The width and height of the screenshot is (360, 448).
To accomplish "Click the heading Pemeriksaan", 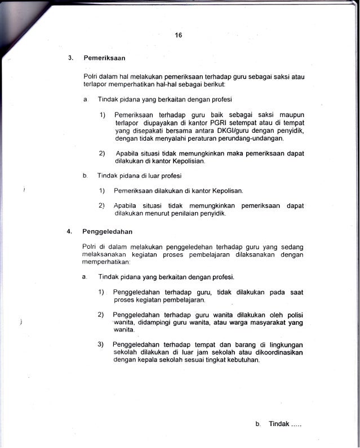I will click(104, 58).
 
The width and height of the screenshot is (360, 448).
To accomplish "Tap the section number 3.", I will click(70, 58).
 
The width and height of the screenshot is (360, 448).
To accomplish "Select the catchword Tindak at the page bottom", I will click(279, 424).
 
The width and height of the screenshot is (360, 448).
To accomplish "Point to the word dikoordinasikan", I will click(277, 352).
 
